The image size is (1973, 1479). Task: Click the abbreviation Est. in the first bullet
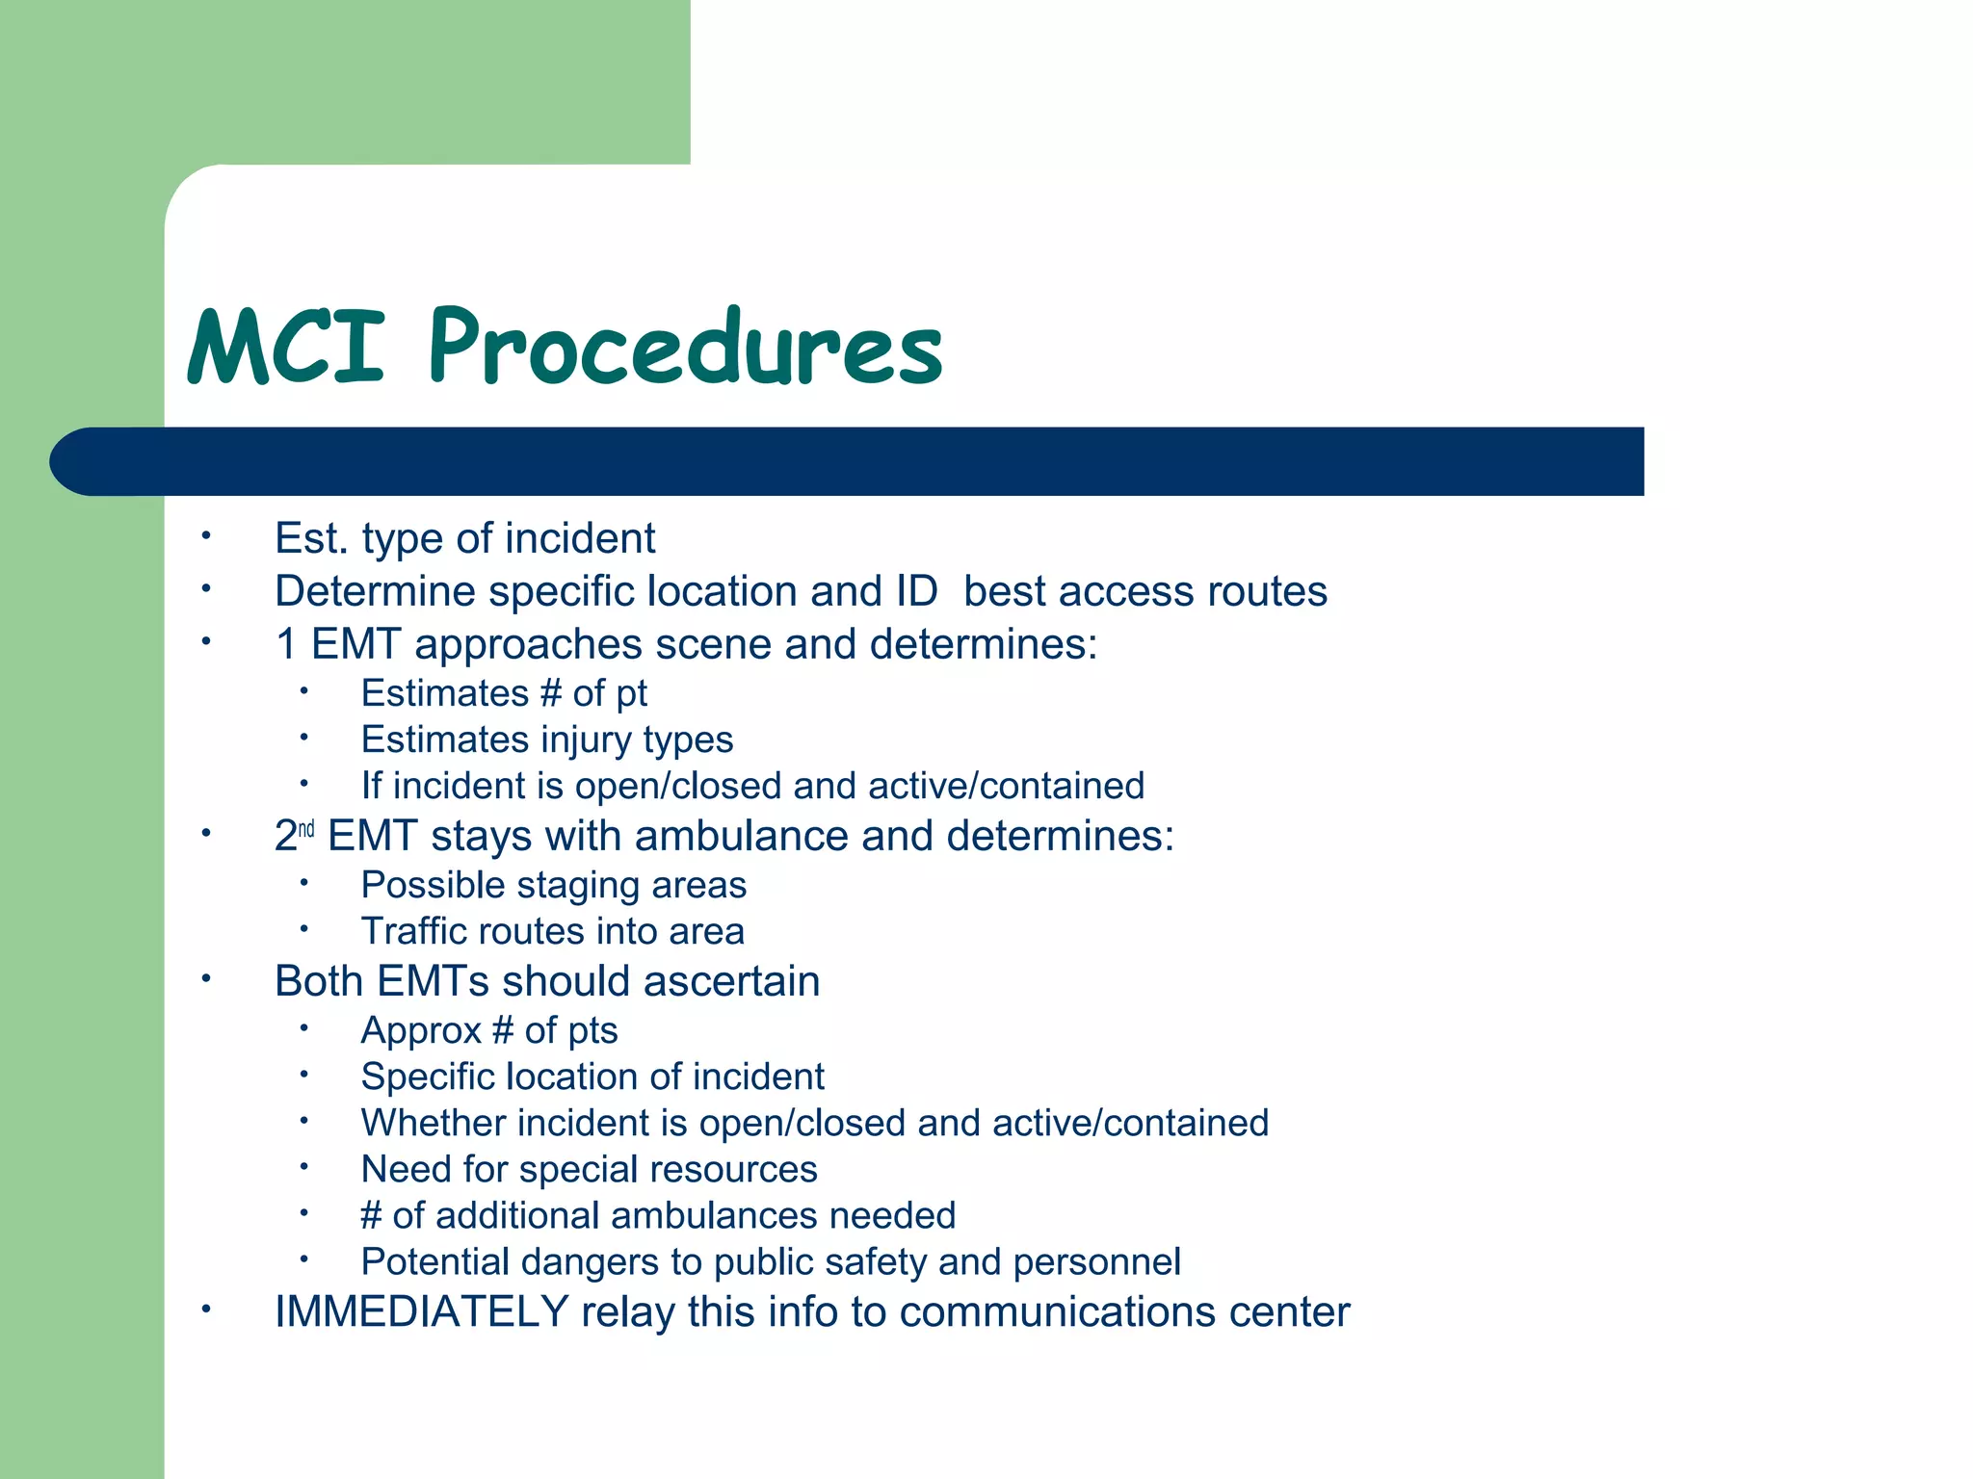click(311, 538)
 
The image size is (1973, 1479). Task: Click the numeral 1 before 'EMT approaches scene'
click(286, 644)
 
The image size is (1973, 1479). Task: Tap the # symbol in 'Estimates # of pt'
click(551, 693)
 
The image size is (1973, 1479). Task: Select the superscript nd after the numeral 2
click(306, 828)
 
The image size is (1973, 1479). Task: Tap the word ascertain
click(731, 981)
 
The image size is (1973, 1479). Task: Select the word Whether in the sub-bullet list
click(430, 1123)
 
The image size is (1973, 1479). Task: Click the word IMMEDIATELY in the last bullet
click(421, 1311)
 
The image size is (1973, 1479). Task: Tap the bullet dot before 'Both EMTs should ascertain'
click(205, 979)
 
